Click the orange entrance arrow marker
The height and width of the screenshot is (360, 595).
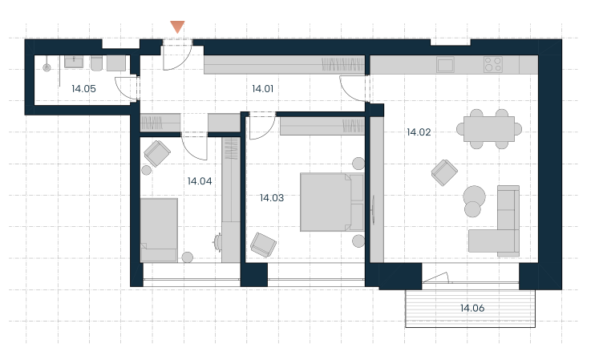coord(177,26)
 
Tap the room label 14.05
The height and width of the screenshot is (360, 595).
coord(83,89)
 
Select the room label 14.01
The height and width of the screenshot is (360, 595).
coord(262,89)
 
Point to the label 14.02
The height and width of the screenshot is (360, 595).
coord(419,132)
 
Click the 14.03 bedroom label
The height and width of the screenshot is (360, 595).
coord(272,198)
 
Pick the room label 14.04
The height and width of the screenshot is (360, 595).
coord(200,181)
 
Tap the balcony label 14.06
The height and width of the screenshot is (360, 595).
coord(472,308)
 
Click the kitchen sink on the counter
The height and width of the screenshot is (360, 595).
coord(445,64)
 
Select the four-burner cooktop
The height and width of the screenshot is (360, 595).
coord(493,64)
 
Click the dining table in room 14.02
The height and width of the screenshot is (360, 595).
coord(489,129)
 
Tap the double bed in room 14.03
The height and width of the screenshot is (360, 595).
coord(332,202)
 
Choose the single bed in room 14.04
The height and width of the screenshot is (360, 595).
coord(159,230)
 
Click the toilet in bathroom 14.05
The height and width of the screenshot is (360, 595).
coord(96,63)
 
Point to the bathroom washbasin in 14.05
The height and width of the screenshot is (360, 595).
coord(74,62)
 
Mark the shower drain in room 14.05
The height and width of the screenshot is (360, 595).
coord(47,67)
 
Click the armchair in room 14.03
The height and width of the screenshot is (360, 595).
coord(263,245)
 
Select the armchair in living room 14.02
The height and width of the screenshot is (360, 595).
coord(444,172)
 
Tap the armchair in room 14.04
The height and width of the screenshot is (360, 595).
coord(157,153)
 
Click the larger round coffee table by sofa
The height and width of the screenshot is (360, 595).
coord(475,196)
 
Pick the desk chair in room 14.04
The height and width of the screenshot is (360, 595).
coord(217,242)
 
